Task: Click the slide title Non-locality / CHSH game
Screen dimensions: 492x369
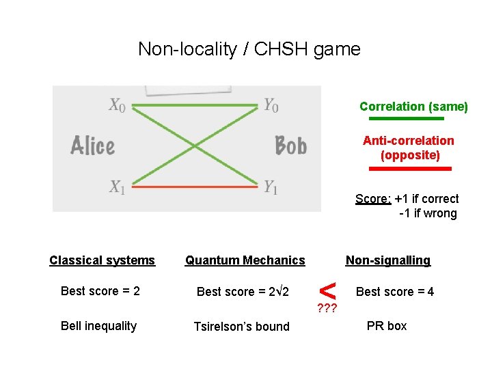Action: click(x=249, y=49)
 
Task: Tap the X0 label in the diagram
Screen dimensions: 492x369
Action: click(x=117, y=105)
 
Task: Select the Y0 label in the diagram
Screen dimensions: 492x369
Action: click(x=271, y=105)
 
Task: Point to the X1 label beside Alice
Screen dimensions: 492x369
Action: click(x=117, y=187)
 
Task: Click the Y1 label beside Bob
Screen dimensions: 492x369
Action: click(x=271, y=187)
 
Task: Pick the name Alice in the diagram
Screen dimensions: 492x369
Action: click(x=92, y=146)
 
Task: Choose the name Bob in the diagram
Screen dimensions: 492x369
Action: click(x=290, y=146)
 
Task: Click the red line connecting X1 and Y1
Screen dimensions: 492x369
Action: click(x=197, y=185)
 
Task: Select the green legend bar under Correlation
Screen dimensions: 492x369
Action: click(x=411, y=119)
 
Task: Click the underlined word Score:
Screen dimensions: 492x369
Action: click(x=373, y=199)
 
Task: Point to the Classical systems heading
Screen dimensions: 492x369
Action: click(x=102, y=260)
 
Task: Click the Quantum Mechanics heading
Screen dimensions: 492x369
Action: click(x=245, y=260)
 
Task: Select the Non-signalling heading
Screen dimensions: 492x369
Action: click(x=388, y=260)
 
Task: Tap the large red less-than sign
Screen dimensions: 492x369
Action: click(x=328, y=289)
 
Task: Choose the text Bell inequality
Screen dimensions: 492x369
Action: click(x=98, y=326)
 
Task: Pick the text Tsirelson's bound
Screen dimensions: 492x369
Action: click(x=242, y=327)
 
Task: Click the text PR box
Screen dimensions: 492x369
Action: click(x=387, y=326)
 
